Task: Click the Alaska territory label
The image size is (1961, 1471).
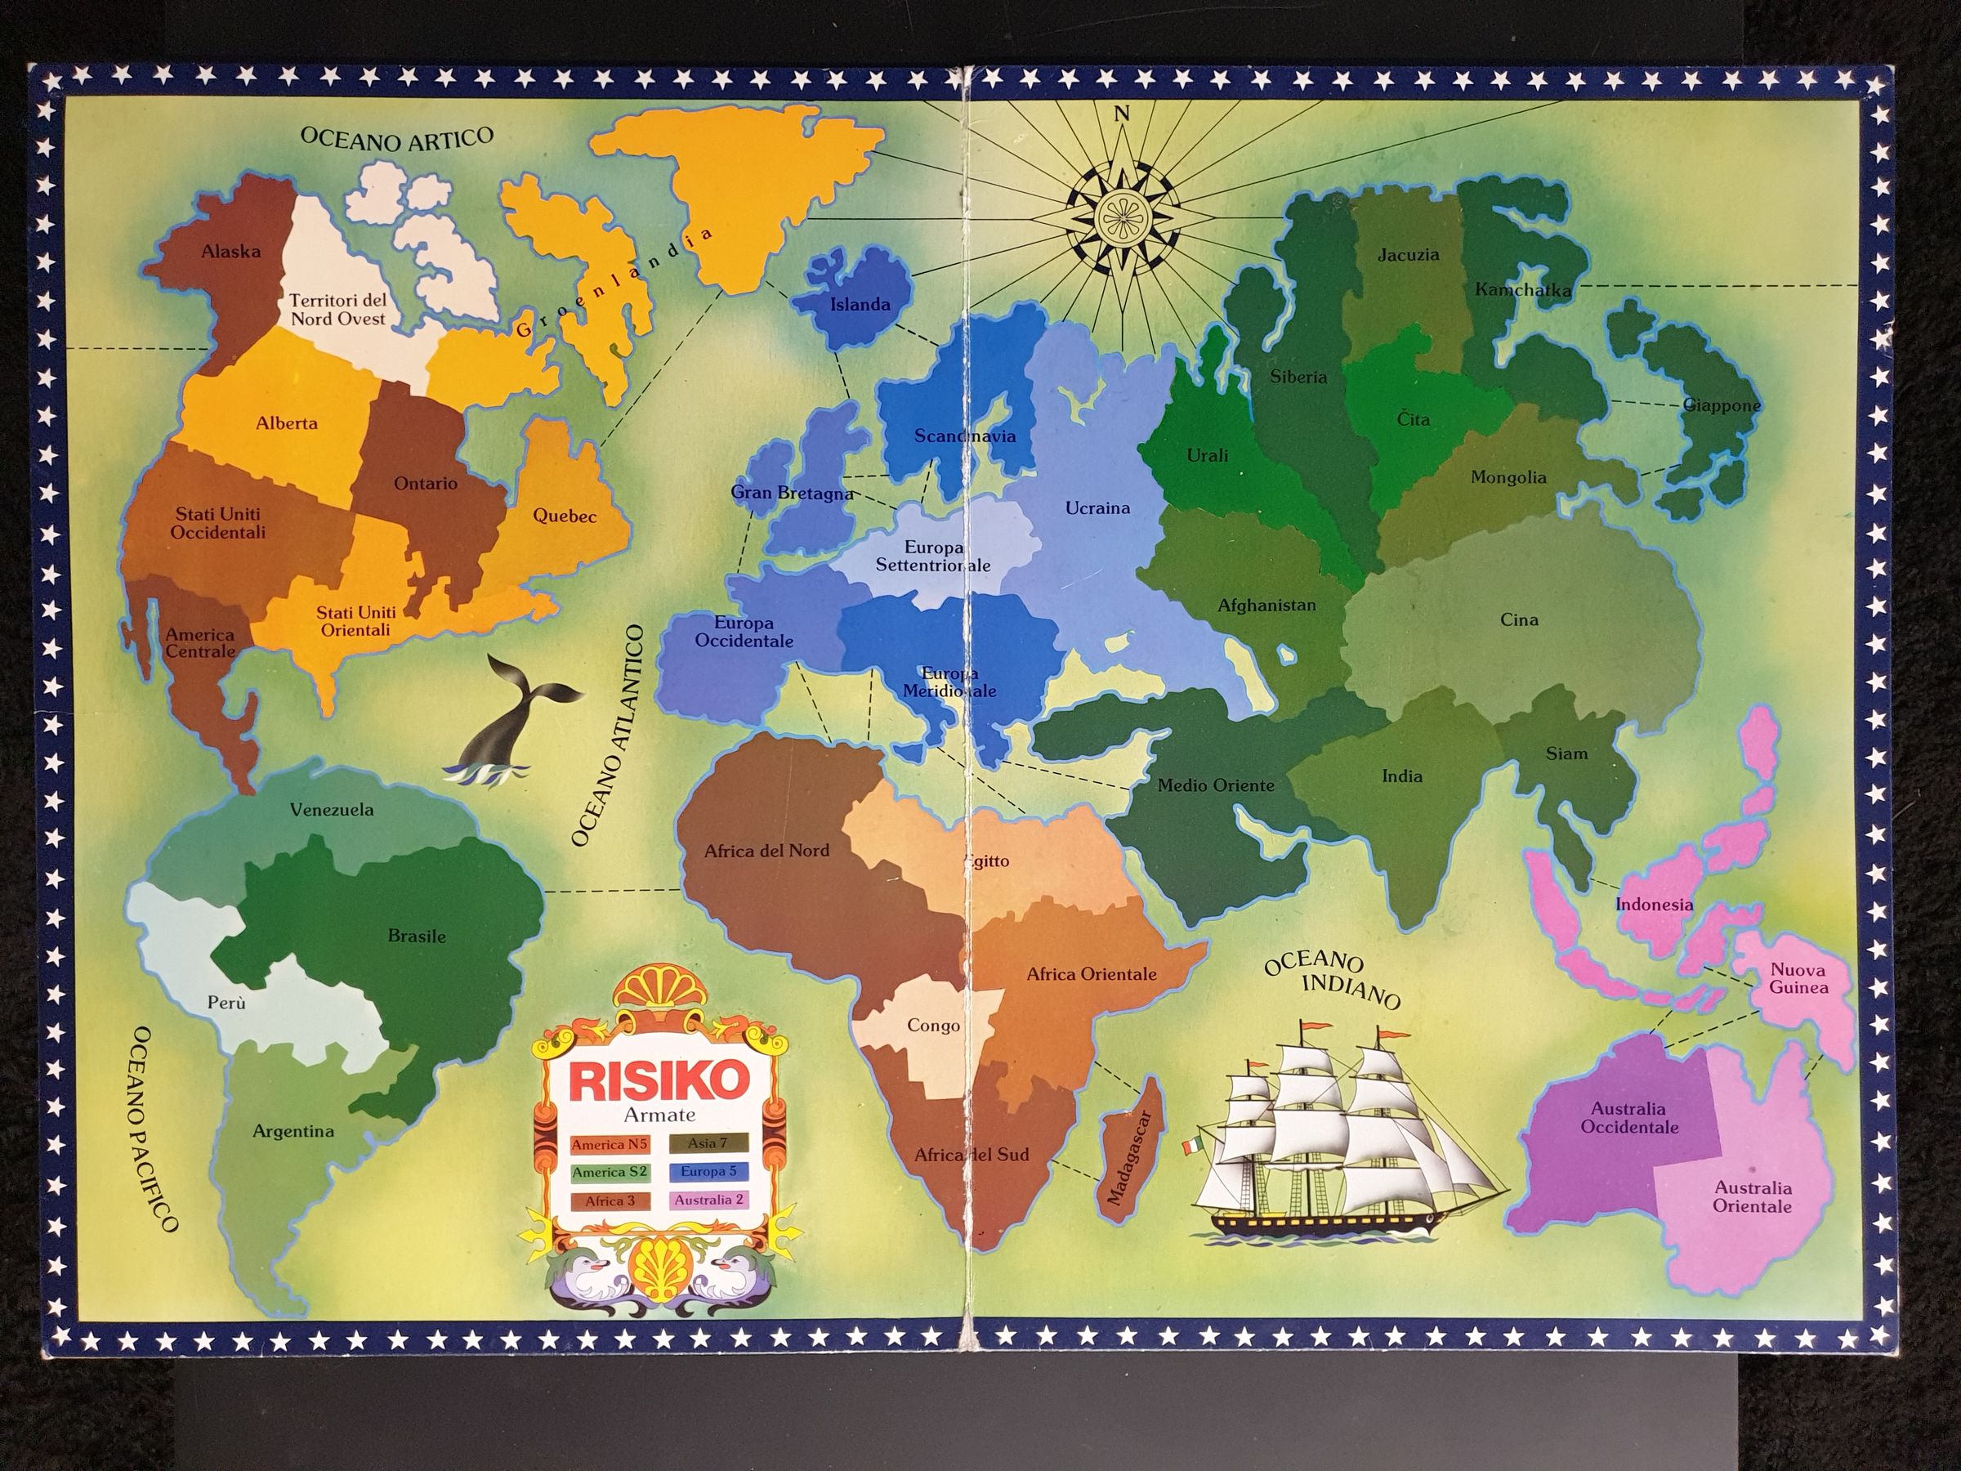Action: pyautogui.click(x=230, y=252)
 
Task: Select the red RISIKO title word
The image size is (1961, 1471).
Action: pyautogui.click(x=659, y=1080)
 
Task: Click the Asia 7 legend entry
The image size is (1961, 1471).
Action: pyautogui.click(x=708, y=1144)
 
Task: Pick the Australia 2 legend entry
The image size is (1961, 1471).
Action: pyautogui.click(x=708, y=1200)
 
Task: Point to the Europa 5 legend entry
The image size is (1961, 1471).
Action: pyautogui.click(x=708, y=1172)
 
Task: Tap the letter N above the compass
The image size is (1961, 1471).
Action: pyautogui.click(x=1123, y=114)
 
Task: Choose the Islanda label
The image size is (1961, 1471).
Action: pyautogui.click(x=859, y=305)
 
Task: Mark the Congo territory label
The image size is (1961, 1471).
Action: pyautogui.click(x=932, y=1026)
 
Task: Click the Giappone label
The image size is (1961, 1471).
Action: pyautogui.click(x=1722, y=406)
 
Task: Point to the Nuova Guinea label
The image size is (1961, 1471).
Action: pyautogui.click(x=1798, y=979)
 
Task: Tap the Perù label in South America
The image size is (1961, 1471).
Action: pyautogui.click(x=226, y=1003)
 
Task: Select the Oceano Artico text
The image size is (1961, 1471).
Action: pyautogui.click(x=396, y=138)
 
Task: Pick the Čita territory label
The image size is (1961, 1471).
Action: pyautogui.click(x=1413, y=418)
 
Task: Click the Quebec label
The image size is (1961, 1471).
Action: pyautogui.click(x=564, y=516)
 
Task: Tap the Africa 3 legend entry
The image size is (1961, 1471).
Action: pyautogui.click(x=610, y=1201)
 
